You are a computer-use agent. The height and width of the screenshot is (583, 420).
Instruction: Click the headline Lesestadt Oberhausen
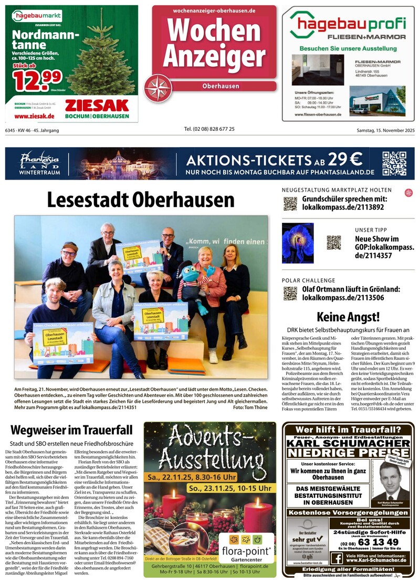click(x=141, y=200)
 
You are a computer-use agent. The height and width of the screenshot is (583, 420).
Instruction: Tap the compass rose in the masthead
click(x=158, y=88)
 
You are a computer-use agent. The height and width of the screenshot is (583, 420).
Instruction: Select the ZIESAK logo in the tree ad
click(x=97, y=105)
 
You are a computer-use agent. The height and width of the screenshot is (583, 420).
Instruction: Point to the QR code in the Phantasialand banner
click(x=394, y=163)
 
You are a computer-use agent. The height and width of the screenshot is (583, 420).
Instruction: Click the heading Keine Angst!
click(x=348, y=317)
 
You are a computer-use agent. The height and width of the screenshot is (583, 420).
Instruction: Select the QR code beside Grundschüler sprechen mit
click(x=290, y=204)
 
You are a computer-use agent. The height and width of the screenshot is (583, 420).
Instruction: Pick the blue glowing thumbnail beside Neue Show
click(x=298, y=243)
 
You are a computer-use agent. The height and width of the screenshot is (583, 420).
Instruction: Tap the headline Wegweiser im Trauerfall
click(x=71, y=431)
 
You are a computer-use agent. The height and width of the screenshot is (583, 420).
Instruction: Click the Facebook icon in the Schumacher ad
click(x=337, y=558)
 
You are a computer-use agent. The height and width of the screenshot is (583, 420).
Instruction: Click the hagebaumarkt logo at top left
click(x=37, y=16)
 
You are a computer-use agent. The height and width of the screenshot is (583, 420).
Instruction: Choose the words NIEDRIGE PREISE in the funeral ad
click(x=348, y=452)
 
